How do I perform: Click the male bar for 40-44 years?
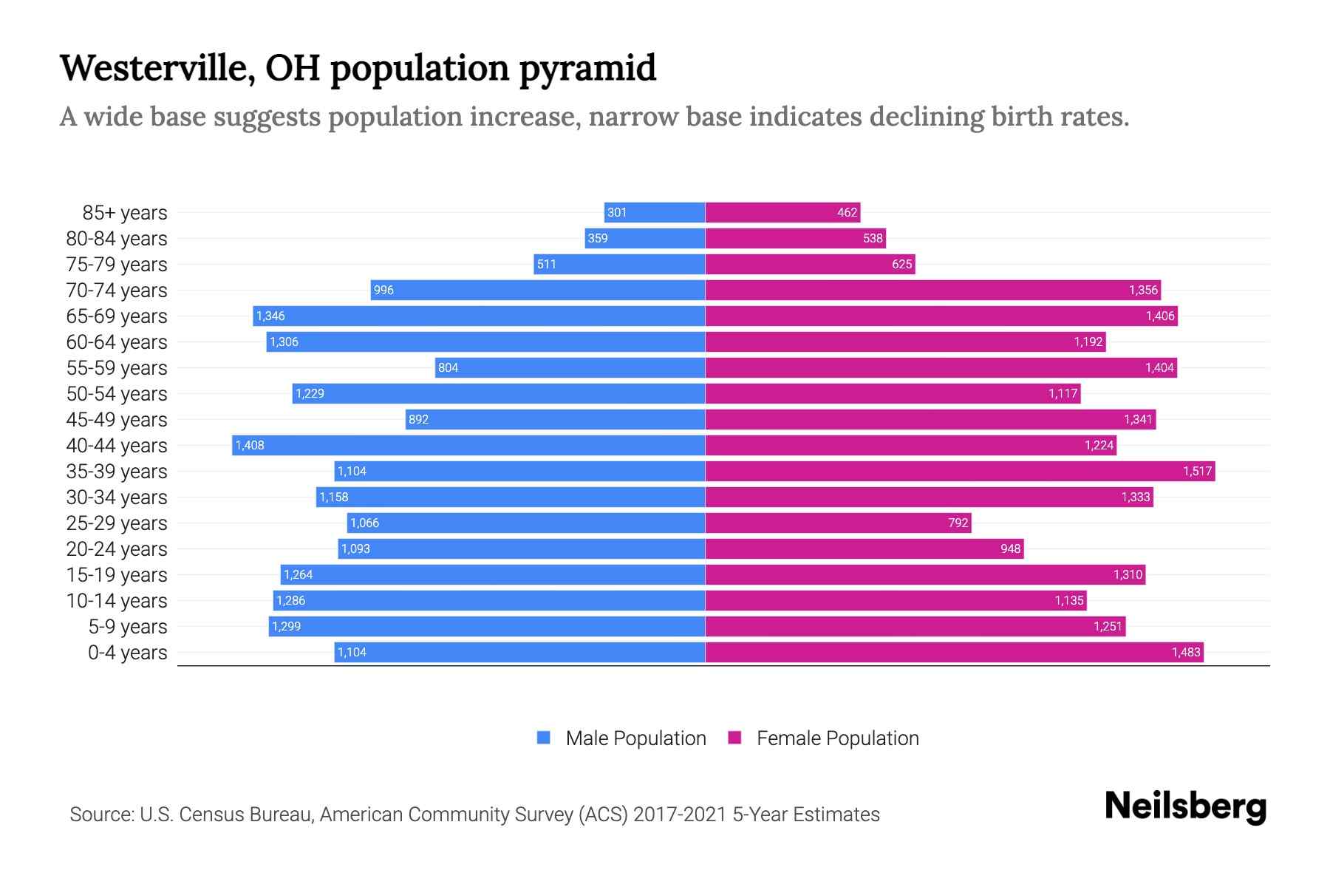coord(468,445)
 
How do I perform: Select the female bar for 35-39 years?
coord(960,471)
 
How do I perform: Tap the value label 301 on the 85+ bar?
coord(617,213)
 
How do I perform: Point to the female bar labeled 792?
coord(838,523)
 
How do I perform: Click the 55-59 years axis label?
coord(117,368)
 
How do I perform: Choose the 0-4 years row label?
coord(127,653)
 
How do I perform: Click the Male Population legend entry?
coord(635,738)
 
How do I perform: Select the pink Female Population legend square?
coord(734,738)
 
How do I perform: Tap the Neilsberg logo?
coord(1185,806)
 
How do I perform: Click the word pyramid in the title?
coord(587,68)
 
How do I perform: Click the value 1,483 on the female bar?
coord(1186,652)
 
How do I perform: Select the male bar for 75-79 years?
coord(619,264)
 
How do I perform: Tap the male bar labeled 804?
coord(570,367)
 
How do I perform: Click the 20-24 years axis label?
coord(117,549)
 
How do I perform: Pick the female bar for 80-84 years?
coord(795,238)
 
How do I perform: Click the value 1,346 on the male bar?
coord(270,316)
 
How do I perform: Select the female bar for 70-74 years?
coord(932,290)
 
